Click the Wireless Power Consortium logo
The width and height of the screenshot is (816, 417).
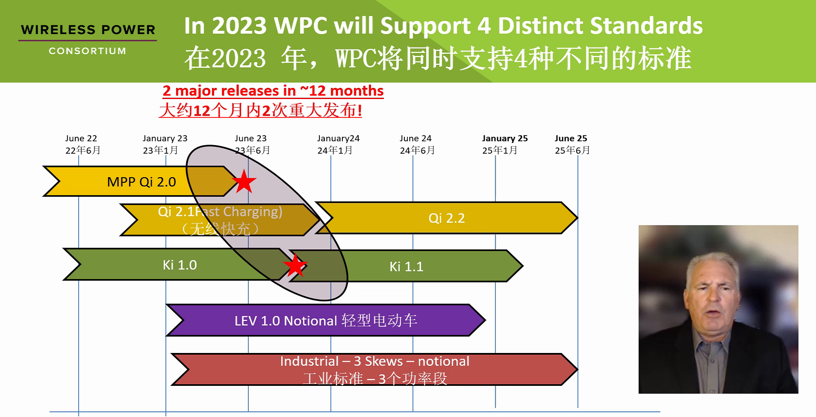coord(88,39)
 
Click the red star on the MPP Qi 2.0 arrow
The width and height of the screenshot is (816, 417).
coord(244,181)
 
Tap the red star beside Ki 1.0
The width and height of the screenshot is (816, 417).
coord(295,265)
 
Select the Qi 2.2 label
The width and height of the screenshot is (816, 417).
coord(446,218)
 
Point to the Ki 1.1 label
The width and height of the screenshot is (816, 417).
coord(406,267)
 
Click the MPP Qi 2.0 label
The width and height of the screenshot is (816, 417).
coord(141,182)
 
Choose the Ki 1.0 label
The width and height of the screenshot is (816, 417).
coord(180,265)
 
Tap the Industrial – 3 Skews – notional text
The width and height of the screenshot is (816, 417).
coord(374,362)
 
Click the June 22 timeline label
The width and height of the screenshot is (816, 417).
coord(81,138)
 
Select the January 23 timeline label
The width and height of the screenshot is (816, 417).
coord(165,138)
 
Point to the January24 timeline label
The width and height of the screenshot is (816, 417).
coord(338,138)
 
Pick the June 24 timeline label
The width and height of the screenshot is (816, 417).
coord(415,138)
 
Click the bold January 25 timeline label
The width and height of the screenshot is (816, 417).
coord(505,138)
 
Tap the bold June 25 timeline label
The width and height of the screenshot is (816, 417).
coord(571,138)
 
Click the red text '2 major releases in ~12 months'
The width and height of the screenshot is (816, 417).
coord(273,91)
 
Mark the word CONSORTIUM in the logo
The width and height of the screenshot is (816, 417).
coord(88,51)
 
